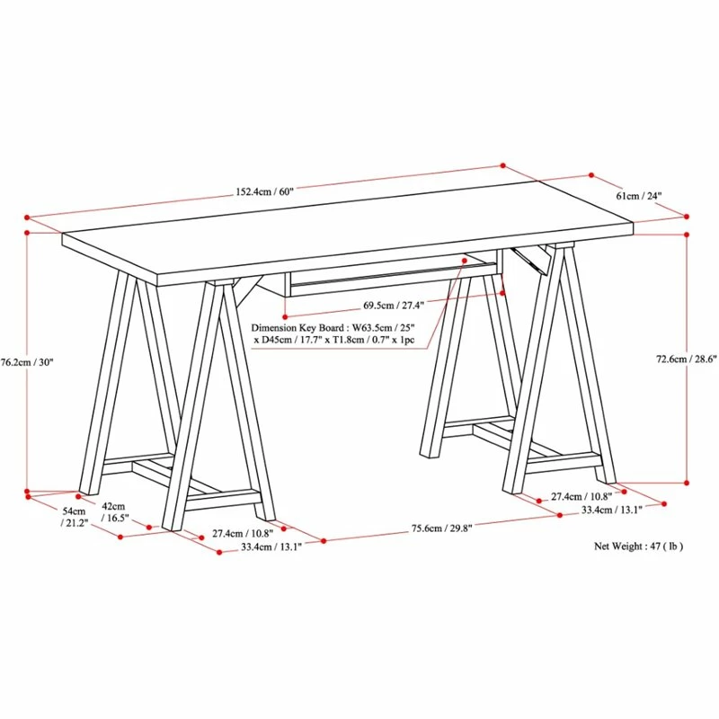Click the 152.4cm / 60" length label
(x=264, y=191)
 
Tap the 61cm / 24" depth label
(x=638, y=196)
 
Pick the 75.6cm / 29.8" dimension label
(x=441, y=528)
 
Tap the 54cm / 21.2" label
(x=75, y=517)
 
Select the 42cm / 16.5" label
(x=115, y=512)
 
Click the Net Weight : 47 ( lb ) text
(x=638, y=546)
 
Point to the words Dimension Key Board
(x=297, y=328)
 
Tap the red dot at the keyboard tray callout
(x=465, y=261)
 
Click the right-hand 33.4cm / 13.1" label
(x=612, y=510)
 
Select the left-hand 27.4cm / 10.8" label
(x=243, y=533)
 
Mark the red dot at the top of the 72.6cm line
(x=687, y=235)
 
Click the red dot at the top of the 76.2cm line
(x=27, y=233)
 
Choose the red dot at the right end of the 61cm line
(x=687, y=217)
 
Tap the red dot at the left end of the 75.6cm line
(x=324, y=541)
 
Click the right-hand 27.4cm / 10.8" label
(x=581, y=496)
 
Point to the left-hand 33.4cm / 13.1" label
(x=271, y=546)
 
